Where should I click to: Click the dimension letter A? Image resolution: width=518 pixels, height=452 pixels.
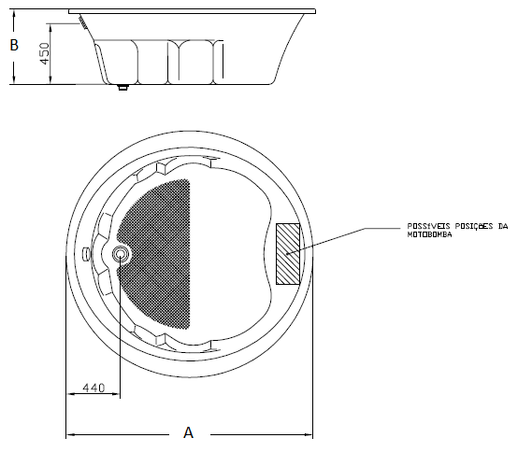[x=188, y=432]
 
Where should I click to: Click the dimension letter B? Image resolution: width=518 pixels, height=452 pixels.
[x=14, y=45]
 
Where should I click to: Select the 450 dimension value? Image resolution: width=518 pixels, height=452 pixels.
[x=44, y=53]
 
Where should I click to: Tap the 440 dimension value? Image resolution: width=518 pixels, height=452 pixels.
[x=94, y=388]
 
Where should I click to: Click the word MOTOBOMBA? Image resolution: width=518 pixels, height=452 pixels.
[x=429, y=234]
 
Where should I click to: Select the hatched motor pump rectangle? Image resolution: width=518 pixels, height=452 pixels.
[x=288, y=254]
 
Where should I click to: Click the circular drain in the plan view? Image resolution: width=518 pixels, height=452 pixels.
[x=121, y=254]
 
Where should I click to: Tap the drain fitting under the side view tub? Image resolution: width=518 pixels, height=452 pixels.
[x=122, y=88]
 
